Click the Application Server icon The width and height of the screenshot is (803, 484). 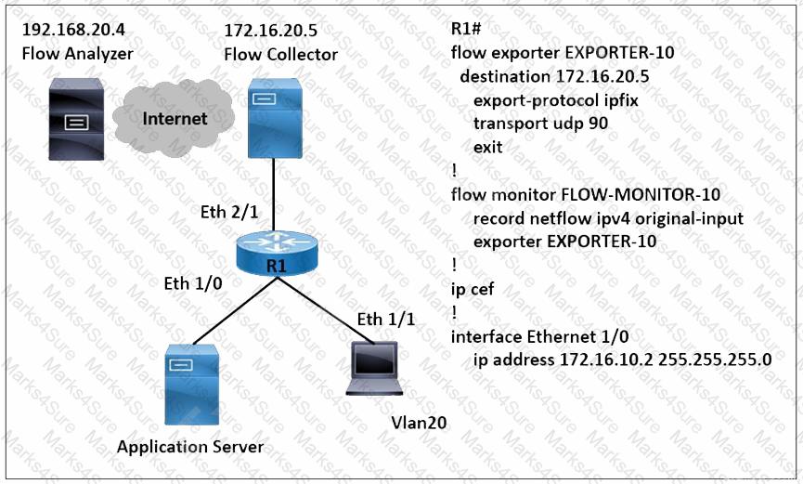(x=190, y=384)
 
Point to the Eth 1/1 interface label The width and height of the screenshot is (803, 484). (x=386, y=320)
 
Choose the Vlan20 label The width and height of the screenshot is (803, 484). (x=419, y=423)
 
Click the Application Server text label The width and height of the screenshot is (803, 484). (x=190, y=447)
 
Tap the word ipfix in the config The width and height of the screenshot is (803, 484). (x=615, y=98)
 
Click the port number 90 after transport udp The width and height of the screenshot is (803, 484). (x=599, y=123)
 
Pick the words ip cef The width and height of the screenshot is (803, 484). (x=473, y=290)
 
